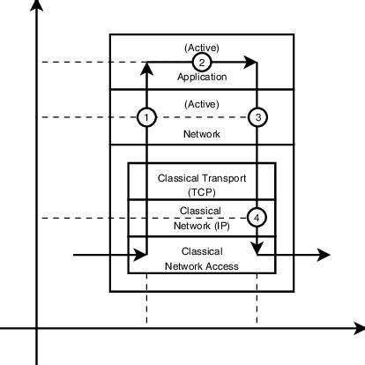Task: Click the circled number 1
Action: click(x=147, y=116)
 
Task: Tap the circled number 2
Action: click(x=202, y=62)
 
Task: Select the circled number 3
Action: click(x=257, y=116)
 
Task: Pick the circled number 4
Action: click(x=257, y=216)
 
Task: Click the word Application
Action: click(x=202, y=77)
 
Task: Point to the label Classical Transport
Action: click(x=202, y=177)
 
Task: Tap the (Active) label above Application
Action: click(x=202, y=47)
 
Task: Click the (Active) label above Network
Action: click(x=202, y=103)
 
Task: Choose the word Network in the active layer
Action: click(x=202, y=134)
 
